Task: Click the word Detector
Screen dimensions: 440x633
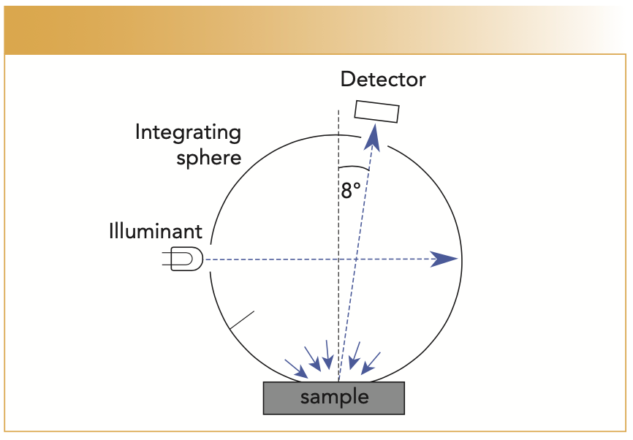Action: tap(383, 79)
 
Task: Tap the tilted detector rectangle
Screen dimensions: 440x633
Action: tap(377, 111)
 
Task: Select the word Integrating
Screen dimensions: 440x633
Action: tap(188, 133)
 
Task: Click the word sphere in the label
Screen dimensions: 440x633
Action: tap(208, 157)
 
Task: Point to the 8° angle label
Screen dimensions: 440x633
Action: tap(351, 191)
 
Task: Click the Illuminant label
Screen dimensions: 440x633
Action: tap(156, 232)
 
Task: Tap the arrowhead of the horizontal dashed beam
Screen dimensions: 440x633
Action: tap(444, 259)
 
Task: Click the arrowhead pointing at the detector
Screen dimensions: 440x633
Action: tap(374, 134)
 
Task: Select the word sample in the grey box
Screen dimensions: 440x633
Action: tap(334, 397)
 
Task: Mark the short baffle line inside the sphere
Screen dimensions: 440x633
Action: tap(242, 321)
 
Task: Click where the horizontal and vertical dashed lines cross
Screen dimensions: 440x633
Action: tap(338, 259)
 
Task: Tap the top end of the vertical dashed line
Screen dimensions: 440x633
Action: tap(338, 111)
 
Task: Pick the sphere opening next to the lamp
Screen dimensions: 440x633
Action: tap(208, 259)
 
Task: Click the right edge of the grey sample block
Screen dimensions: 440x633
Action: tap(403, 398)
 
